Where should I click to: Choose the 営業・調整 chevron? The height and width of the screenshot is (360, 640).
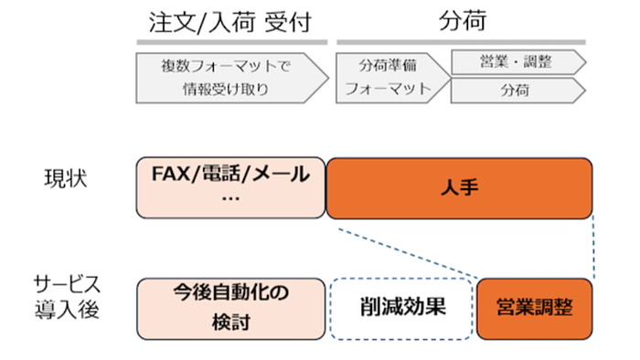point(516,62)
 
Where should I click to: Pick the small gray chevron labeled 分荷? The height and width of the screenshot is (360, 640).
point(516,91)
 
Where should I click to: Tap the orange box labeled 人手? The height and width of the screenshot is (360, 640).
point(460,187)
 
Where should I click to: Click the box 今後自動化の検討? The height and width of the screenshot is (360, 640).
point(230,307)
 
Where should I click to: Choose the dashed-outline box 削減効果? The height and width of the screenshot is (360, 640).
point(401,307)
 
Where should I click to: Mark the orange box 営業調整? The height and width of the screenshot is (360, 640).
point(535,308)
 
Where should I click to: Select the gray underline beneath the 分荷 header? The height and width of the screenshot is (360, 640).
point(460,42)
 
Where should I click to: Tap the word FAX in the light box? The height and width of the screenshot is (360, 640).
point(173,173)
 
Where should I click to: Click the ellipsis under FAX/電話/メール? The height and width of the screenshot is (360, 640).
point(230,199)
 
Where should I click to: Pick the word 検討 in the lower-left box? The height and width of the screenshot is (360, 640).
point(230,321)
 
